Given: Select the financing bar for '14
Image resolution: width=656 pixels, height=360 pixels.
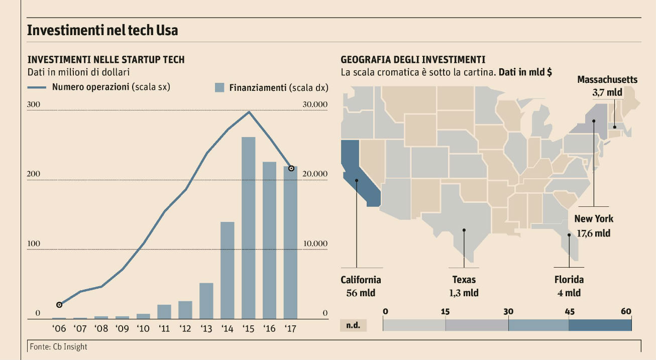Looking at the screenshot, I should (x=227, y=270).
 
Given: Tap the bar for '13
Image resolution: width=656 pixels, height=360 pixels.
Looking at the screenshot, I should (x=206, y=300).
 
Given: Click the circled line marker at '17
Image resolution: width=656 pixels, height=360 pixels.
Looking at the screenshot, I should (x=291, y=168).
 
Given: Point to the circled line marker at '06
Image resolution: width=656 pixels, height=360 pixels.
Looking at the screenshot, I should (x=59, y=305).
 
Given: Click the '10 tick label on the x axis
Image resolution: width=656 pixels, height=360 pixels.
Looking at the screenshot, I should (x=143, y=329).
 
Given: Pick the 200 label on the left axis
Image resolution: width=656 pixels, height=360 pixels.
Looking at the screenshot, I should (x=34, y=174).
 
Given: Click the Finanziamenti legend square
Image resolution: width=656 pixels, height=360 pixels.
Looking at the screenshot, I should (x=219, y=87).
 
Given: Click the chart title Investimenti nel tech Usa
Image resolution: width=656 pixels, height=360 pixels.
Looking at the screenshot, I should (x=102, y=30).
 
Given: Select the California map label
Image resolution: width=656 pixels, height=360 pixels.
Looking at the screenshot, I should (x=361, y=280).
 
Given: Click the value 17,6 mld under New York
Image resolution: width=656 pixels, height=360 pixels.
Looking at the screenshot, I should (x=594, y=233).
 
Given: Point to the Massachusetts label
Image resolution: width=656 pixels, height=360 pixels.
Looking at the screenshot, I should (x=607, y=79).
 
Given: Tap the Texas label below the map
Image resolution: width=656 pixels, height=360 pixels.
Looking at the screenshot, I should (x=464, y=280).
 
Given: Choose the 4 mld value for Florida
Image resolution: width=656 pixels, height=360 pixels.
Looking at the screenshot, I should (x=569, y=293).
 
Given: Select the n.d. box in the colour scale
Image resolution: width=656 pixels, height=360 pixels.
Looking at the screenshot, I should (x=353, y=325).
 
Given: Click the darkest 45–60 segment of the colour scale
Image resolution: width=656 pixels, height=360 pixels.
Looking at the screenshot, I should (x=600, y=324).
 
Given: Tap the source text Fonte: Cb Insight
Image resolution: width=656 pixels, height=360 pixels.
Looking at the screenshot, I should (x=58, y=346).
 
